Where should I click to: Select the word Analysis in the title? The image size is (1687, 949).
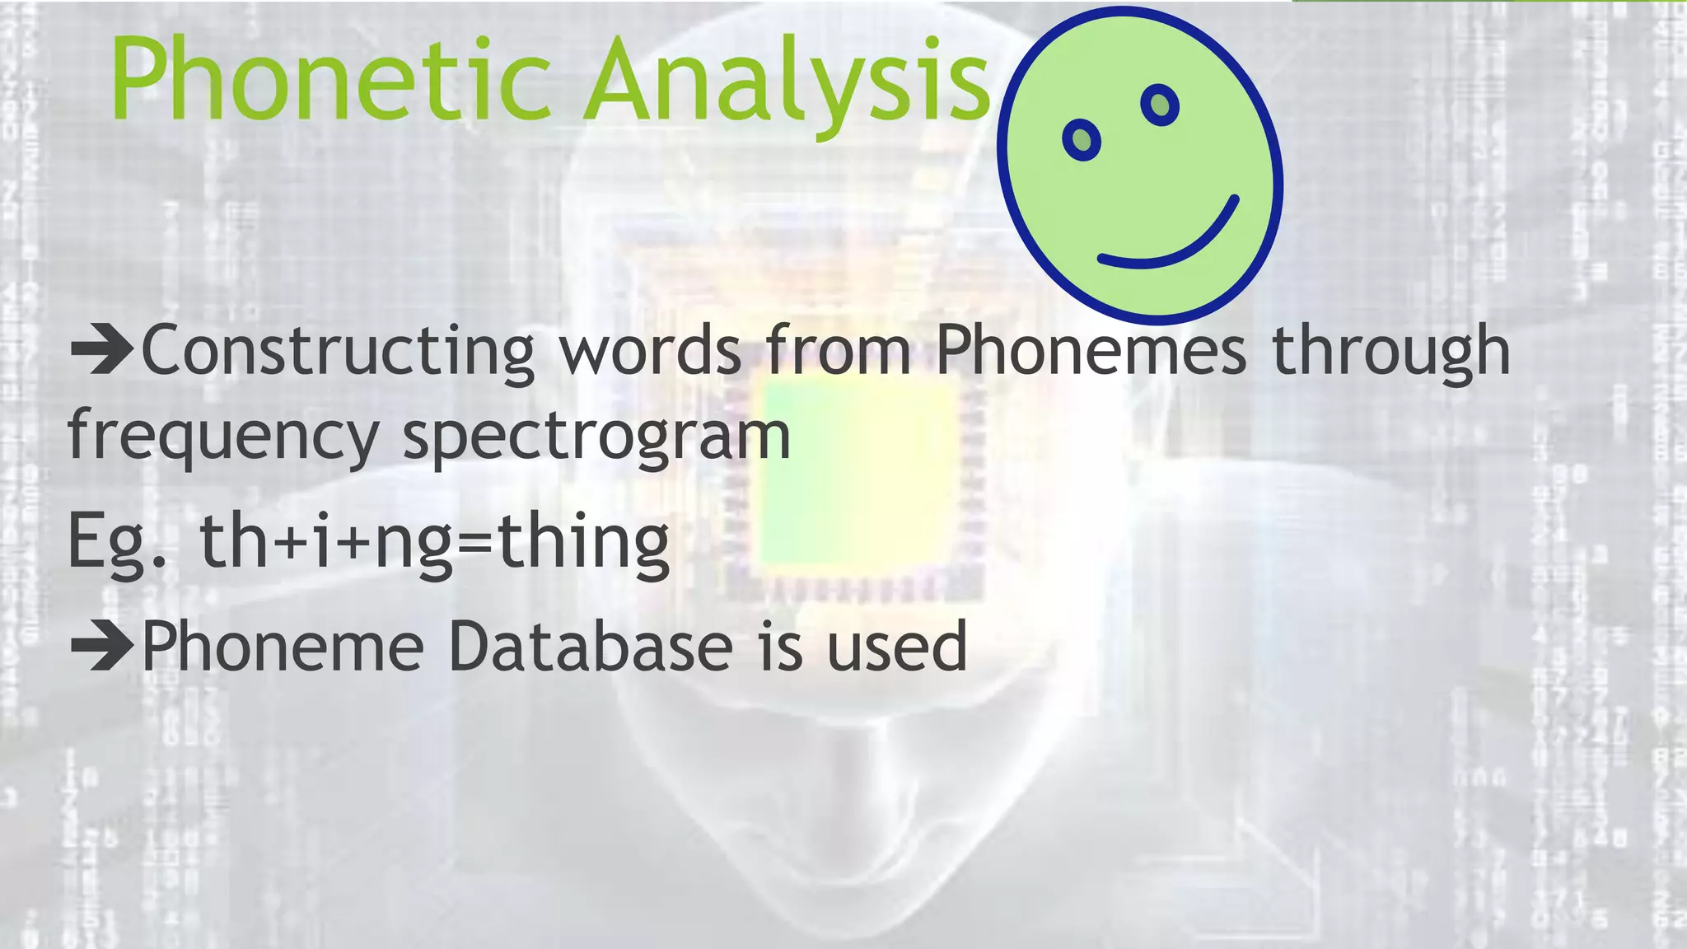787,82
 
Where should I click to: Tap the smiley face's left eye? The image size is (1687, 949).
1082,141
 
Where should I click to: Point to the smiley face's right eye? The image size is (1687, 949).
1159,105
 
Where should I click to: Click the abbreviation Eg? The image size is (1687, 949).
116,542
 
